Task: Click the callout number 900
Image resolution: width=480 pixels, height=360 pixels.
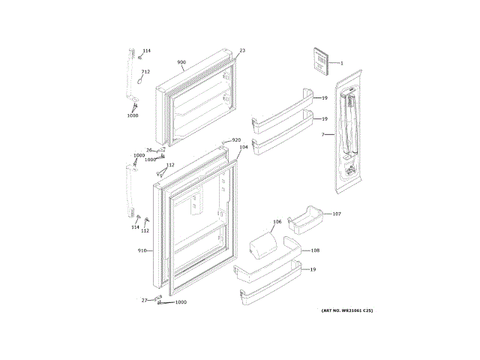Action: pos(181,62)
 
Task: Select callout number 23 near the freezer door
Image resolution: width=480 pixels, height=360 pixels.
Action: pos(242,51)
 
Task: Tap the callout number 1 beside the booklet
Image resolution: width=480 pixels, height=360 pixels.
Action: pos(341,63)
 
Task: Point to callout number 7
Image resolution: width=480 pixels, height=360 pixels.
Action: pos(323,135)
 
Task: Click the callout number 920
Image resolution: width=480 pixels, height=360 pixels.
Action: pos(236,140)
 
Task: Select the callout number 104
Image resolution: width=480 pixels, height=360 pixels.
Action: pos(243,147)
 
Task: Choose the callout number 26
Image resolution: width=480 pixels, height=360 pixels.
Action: pos(149,150)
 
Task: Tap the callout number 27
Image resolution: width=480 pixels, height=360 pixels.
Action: pos(145,300)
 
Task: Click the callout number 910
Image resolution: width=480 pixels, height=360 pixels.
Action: pos(142,250)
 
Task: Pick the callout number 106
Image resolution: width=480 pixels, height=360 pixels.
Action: pos(277,222)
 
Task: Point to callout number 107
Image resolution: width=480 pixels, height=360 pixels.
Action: pos(337,214)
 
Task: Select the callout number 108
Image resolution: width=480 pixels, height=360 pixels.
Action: pos(315,250)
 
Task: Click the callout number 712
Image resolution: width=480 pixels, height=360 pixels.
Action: pos(145,72)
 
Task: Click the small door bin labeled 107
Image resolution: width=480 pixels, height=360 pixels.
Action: pos(306,218)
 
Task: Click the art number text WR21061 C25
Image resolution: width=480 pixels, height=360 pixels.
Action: pos(346,310)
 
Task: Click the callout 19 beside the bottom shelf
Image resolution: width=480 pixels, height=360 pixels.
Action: pos(313,269)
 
